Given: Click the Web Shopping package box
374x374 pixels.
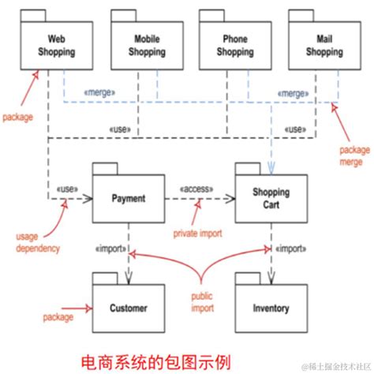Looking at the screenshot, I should coord(56,45).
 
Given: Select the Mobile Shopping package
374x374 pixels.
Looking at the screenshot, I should coord(147,45).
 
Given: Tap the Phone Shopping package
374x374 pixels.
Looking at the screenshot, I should coord(234,45).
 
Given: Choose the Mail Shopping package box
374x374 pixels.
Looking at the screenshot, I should coord(324,45).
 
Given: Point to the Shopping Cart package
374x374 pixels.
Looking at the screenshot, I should coord(271,199).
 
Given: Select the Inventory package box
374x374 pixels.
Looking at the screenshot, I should coord(271,308).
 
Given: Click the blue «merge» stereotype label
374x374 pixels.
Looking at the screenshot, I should coord(100,93).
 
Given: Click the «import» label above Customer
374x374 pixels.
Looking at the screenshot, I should coord(110,249).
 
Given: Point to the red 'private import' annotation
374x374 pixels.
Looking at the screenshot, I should coord(198,234).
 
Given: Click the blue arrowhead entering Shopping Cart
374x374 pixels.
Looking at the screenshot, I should coord(271,167).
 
